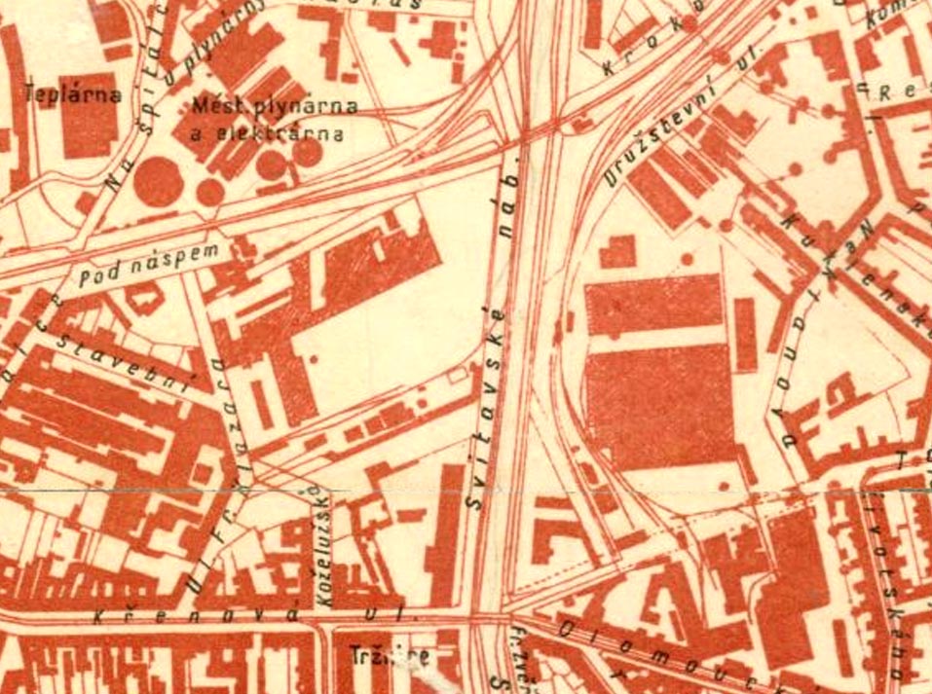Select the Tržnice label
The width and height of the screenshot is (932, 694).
(x=390, y=656)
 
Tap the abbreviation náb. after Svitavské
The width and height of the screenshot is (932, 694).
(x=510, y=192)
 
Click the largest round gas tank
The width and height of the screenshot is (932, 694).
(x=156, y=182)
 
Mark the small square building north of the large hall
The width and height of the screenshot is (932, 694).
(x=616, y=251)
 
